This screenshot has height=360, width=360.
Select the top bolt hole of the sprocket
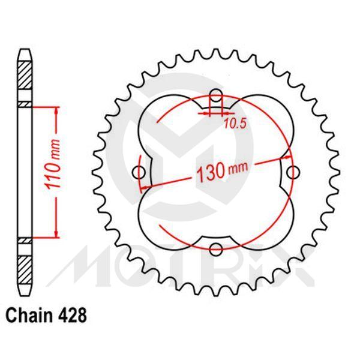pyautogui.click(x=217, y=98)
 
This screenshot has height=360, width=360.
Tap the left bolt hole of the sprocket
pyautogui.click(x=142, y=173)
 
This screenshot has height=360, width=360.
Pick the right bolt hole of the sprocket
pyautogui.click(x=293, y=173)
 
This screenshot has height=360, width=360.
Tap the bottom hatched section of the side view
pyautogui.click(x=25, y=267)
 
